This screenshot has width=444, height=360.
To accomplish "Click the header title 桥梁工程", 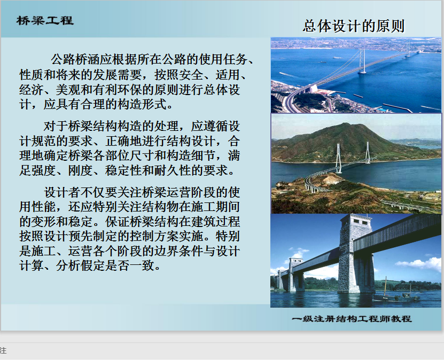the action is point(45,20).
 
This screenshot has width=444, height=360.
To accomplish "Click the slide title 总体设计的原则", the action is point(354,26).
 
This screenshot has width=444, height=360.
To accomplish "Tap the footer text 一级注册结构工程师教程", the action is point(352,319).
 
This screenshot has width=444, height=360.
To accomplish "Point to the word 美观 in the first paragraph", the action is point(68,90).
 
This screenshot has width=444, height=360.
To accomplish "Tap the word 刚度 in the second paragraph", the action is point(80,170).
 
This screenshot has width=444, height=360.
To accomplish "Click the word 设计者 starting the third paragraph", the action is point(62,192).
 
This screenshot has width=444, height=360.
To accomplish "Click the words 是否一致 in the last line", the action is point(129,266).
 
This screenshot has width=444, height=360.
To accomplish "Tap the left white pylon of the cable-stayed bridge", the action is point(338,158).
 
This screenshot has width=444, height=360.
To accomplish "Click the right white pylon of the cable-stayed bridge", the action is point(367,153).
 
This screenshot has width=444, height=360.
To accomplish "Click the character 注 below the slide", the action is point(3,351).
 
